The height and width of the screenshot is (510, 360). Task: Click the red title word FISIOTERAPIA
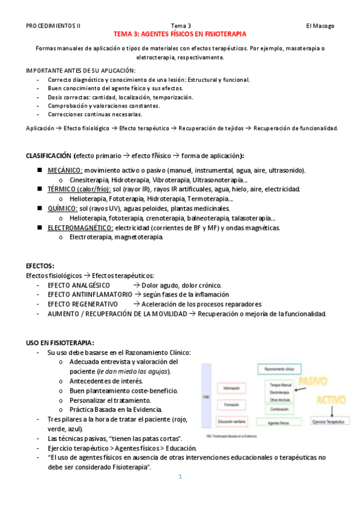click(224, 35)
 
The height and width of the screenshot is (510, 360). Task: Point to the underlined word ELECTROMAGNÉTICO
click(81, 227)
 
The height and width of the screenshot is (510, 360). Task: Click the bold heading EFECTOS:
click(41, 265)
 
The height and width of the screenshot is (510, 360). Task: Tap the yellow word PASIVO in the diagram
click(313, 381)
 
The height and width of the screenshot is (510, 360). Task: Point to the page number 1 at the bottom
click(179, 477)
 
